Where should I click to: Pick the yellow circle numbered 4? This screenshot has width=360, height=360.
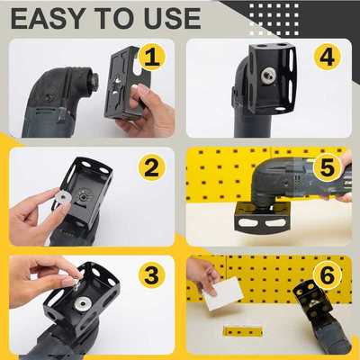click(x=327, y=57)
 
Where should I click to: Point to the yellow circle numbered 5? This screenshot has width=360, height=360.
click(x=327, y=167)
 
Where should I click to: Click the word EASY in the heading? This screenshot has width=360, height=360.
click(x=46, y=17)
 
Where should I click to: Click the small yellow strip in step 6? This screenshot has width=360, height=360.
click(x=243, y=331)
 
